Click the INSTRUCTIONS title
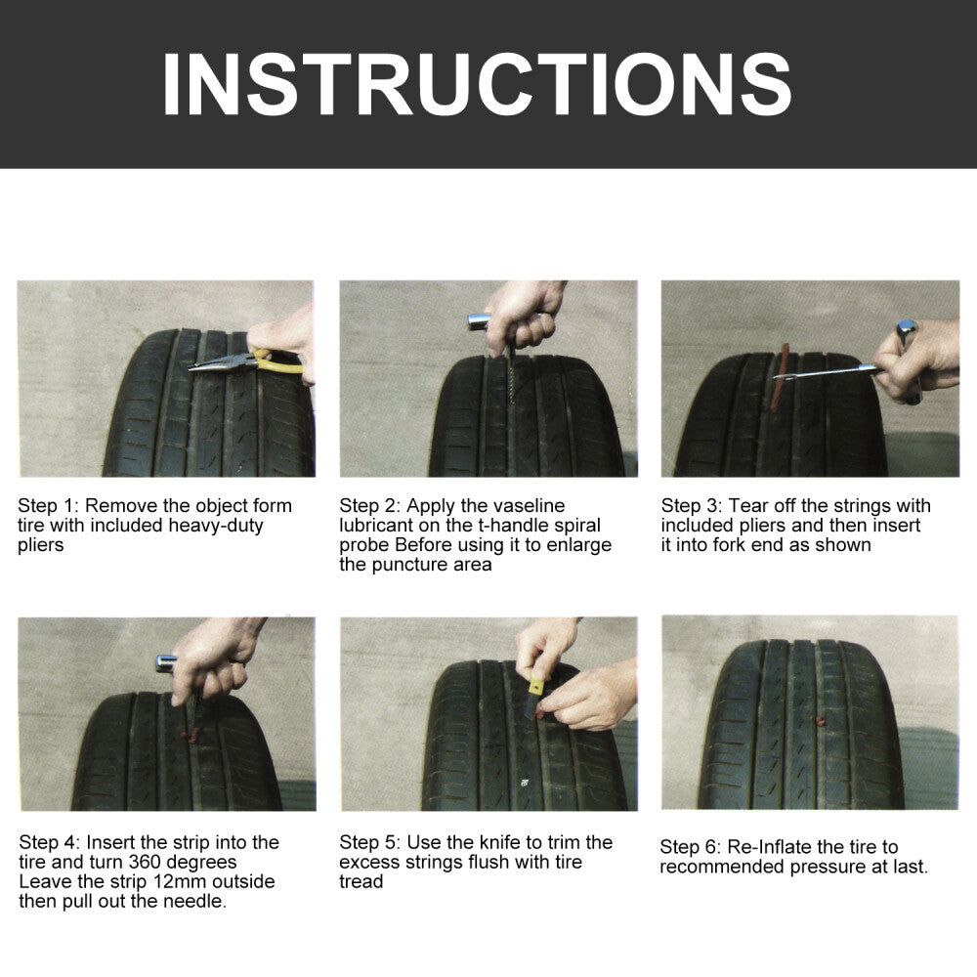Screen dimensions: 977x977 pyautogui.click(x=478, y=84)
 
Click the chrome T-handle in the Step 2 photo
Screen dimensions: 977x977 pyautogui.click(x=479, y=321)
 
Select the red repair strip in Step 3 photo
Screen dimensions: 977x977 pyautogui.click(x=780, y=377)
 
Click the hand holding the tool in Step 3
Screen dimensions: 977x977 pyautogui.click(x=917, y=361)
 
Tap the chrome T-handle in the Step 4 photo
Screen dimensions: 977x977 pyautogui.click(x=166, y=663)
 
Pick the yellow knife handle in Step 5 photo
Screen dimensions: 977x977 pyautogui.click(x=536, y=687)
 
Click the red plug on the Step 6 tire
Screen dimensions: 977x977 pyautogui.click(x=821, y=722)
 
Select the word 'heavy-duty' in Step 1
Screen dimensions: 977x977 pyautogui.click(x=216, y=526)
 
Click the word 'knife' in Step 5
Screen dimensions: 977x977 pyautogui.click(x=500, y=842)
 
